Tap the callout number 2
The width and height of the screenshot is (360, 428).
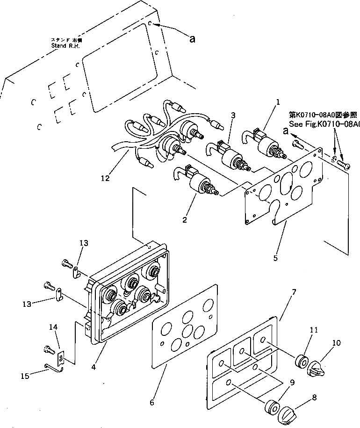coord(185,219)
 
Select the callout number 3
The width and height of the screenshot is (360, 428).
coord(233,115)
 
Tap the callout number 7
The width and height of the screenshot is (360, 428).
coord(294,292)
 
